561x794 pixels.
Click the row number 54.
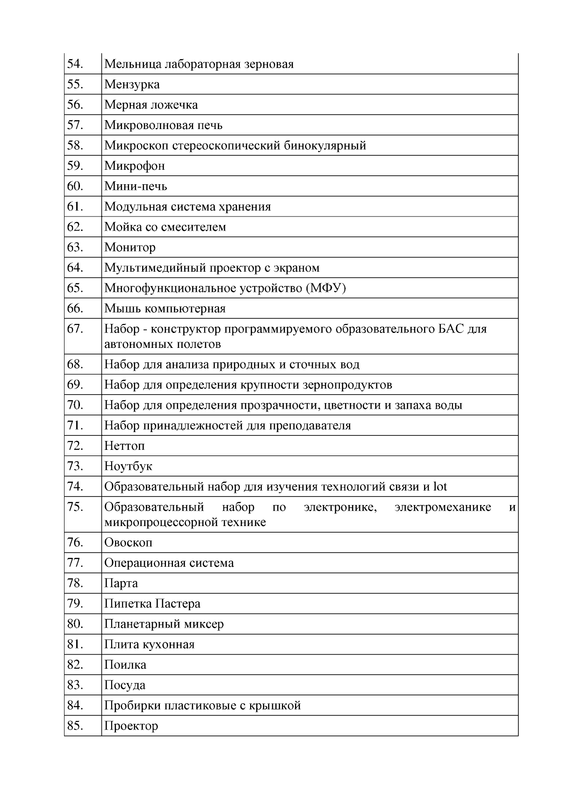pos(75,64)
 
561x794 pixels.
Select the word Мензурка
pos(132,85)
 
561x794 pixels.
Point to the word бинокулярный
pos(325,145)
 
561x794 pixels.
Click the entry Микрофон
pos(135,166)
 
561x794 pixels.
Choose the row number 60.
pos(75,186)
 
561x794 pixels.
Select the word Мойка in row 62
pos(119,227)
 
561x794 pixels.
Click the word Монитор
pos(130,247)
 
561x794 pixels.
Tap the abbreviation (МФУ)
pos(326,288)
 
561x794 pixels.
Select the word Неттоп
pos(124,446)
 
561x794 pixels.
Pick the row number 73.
pos(75,466)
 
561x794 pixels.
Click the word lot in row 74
pos(440,487)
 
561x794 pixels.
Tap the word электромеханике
pos(443,507)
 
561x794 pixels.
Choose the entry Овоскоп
pos(128,543)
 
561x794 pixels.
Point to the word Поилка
pos(125,665)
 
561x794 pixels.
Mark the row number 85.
pos(75,726)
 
